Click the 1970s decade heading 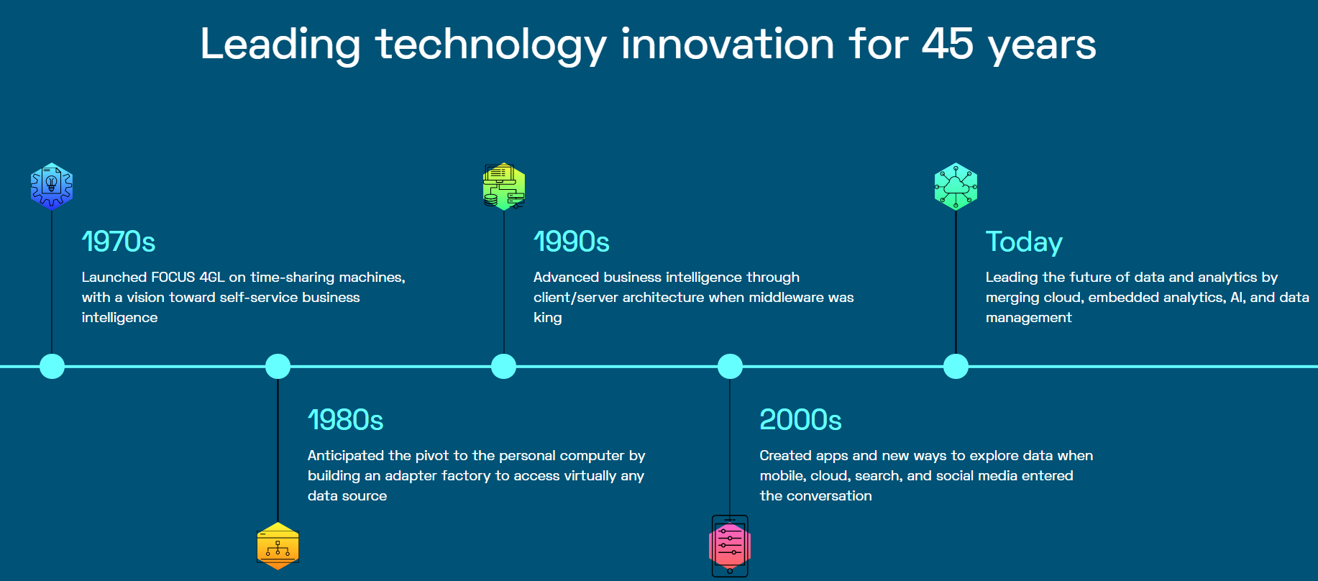(119, 242)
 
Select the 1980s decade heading (345, 420)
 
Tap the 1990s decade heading (572, 242)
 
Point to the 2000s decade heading (800, 420)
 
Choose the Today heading (1024, 242)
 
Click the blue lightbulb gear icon (52, 186)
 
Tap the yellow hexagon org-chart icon (278, 546)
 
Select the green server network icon (504, 186)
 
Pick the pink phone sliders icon (730, 546)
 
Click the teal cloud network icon (956, 186)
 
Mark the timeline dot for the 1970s (52, 366)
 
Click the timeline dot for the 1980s (278, 366)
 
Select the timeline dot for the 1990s (503, 366)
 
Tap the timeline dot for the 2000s (730, 366)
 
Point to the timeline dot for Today (956, 366)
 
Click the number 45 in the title (948, 44)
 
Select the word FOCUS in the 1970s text (173, 277)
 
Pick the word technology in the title (491, 45)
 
